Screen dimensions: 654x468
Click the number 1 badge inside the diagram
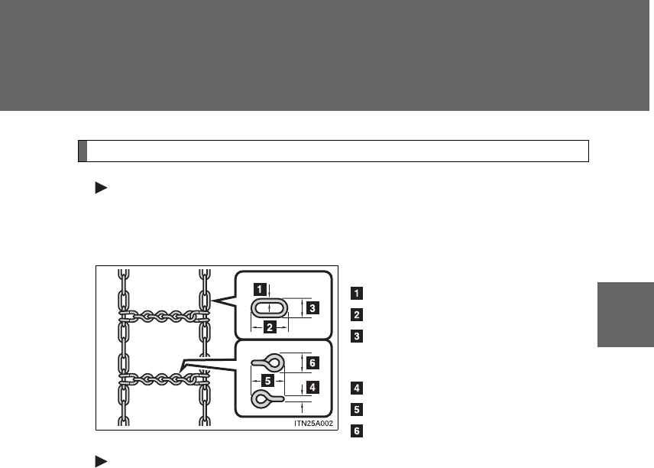pos(260,289)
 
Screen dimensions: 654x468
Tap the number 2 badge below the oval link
pos(270,327)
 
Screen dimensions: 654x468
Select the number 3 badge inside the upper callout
pos(312,308)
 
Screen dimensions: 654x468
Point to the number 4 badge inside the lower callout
pos(312,387)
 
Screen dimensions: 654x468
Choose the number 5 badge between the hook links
pos(267,380)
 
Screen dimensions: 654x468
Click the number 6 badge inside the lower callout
pos(312,362)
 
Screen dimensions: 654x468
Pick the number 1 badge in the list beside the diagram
pos(357,293)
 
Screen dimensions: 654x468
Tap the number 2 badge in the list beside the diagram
pos(357,315)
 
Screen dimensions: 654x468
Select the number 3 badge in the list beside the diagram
pos(357,336)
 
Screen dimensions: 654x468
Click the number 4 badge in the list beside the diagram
pos(357,388)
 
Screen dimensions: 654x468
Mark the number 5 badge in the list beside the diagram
pos(357,410)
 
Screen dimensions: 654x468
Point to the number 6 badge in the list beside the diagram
pos(357,431)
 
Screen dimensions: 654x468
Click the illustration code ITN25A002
pos(314,424)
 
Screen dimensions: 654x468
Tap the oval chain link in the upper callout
pos(253,308)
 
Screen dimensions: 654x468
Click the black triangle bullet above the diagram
pos(102,188)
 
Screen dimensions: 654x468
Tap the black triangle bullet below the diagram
pos(102,462)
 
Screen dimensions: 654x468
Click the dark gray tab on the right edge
pos(626,315)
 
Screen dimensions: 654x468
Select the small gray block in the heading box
pos(83,151)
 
